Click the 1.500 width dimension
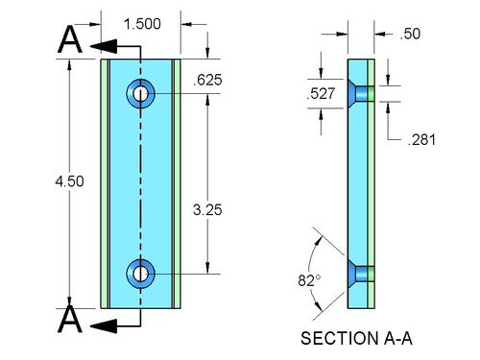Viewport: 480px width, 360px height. pyautogui.click(x=142, y=24)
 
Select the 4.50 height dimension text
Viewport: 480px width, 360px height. pyautogui.click(x=69, y=181)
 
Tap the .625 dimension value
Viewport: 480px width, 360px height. pyautogui.click(x=207, y=80)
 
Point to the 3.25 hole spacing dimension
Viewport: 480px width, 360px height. pyautogui.click(x=207, y=210)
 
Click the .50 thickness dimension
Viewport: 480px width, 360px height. pyautogui.click(x=410, y=34)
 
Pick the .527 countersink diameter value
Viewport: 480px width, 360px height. pyautogui.click(x=321, y=93)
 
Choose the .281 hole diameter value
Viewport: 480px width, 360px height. pyautogui.click(x=421, y=140)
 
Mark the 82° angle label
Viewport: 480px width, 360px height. pyautogui.click(x=309, y=280)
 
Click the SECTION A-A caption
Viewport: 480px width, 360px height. pyautogui.click(x=356, y=338)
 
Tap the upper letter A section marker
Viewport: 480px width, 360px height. pyautogui.click(x=70, y=39)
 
